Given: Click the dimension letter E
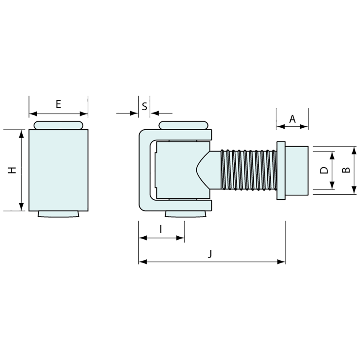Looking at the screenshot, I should [x=58, y=104].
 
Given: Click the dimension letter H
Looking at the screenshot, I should [x=12, y=170].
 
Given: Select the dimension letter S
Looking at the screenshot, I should [x=144, y=106].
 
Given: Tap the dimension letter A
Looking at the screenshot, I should [x=292, y=118].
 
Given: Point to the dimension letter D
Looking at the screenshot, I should [x=324, y=170].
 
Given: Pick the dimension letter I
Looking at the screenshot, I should [x=161, y=229].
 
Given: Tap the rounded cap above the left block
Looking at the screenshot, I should [x=58, y=125].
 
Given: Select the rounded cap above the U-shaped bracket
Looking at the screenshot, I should [x=183, y=125].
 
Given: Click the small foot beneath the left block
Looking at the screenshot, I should [x=58, y=214].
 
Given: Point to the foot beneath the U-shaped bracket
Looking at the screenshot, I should [x=186, y=214].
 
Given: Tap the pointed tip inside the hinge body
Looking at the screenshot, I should [x=198, y=170].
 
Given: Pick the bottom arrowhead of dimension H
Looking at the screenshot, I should [x=21, y=207].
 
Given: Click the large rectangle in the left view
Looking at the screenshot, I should [x=58, y=170].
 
